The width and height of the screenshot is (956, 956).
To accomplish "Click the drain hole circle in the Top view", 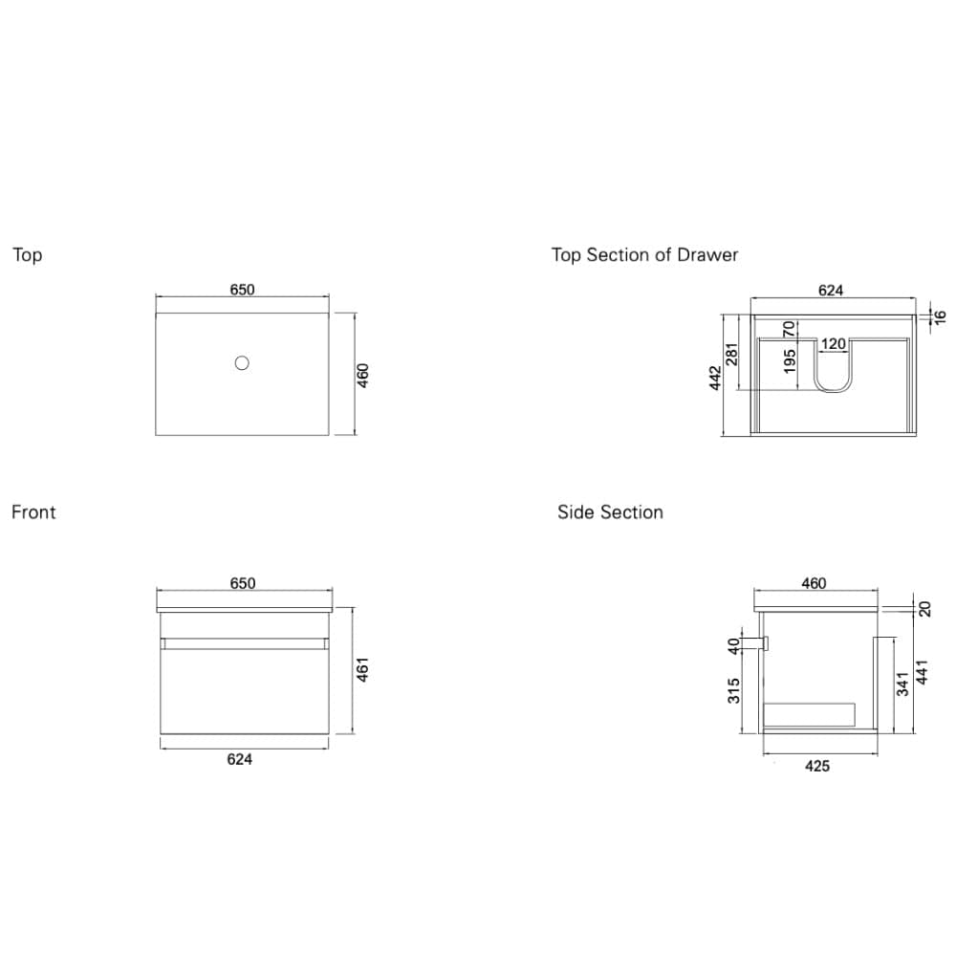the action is [x=242, y=362].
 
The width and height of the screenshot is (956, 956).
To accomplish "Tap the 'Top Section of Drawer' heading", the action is [x=644, y=255].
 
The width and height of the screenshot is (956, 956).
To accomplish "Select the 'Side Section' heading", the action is [x=610, y=512].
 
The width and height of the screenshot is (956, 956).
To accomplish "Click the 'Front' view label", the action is [x=33, y=512].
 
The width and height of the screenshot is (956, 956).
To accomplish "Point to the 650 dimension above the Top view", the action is [x=242, y=290].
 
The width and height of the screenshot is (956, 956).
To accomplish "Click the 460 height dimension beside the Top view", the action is [x=362, y=375].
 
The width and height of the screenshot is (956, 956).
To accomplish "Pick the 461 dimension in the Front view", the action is [x=362, y=669].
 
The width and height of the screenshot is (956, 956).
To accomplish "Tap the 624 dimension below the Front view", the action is [x=240, y=759].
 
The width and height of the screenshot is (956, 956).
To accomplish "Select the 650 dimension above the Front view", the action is [x=243, y=583].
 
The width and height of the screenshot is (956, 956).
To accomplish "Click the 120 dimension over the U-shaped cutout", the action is [x=833, y=344].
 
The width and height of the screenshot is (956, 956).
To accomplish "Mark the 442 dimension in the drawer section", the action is [x=716, y=378].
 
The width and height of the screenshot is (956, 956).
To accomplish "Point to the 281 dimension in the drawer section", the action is [x=732, y=355].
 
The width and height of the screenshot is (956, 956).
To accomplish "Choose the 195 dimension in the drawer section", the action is [x=790, y=361].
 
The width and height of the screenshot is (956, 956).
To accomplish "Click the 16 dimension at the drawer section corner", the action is [x=940, y=317].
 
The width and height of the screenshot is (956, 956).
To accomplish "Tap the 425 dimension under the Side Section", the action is [x=817, y=767].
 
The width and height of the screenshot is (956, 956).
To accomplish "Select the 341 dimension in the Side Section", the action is [x=903, y=684].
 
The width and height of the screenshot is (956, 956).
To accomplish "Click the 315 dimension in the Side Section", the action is [x=733, y=691].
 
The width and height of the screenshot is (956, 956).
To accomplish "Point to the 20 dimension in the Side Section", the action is [x=924, y=609].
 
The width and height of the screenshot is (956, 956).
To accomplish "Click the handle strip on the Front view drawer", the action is [x=244, y=643].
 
